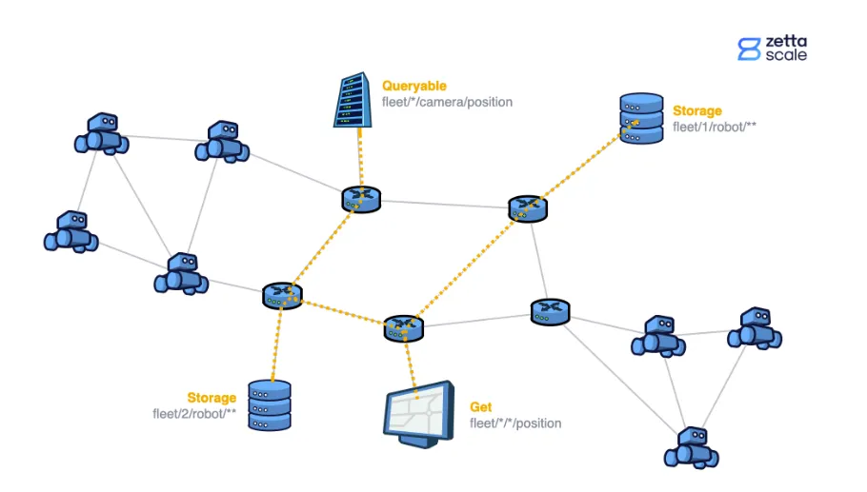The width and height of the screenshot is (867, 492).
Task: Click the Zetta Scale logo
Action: (772, 49)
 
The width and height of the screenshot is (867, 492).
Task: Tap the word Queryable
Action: (414, 86)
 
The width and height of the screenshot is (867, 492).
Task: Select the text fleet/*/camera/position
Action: (447, 102)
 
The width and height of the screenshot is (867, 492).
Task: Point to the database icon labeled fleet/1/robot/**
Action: (641, 118)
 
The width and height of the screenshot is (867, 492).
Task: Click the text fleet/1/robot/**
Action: (715, 127)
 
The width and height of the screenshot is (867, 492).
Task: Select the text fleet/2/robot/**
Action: (194, 414)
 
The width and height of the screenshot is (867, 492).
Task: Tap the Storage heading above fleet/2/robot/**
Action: (212, 398)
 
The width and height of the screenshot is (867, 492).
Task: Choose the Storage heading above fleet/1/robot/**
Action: (697, 110)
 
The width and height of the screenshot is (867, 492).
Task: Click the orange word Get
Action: (481, 407)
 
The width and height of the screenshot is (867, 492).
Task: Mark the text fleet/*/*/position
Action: (515, 423)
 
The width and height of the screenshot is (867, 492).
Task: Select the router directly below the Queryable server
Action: (361, 198)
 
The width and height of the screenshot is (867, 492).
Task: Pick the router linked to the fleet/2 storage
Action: (282, 294)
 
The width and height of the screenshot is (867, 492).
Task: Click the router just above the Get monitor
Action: (403, 327)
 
